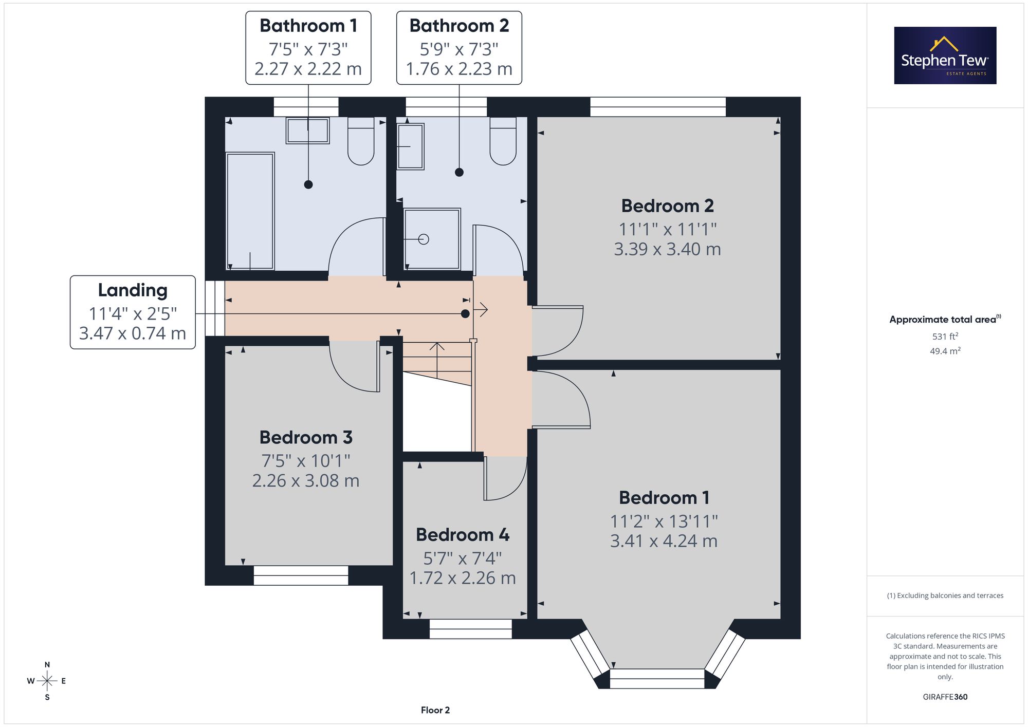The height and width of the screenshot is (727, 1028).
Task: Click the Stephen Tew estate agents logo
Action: tap(945, 55)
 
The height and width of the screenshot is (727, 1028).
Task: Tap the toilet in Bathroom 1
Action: tap(361, 141)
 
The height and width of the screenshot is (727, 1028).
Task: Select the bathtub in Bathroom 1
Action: tap(250, 211)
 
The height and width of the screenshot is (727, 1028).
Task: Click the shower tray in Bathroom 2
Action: tap(432, 238)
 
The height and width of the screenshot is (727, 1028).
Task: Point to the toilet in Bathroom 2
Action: tap(503, 141)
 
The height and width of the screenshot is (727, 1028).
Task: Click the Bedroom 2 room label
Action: tap(667, 206)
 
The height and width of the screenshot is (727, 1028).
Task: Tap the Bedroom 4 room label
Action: tap(463, 535)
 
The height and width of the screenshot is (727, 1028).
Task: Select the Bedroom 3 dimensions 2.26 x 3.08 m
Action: tap(306, 481)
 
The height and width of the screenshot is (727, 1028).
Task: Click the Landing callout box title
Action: tap(133, 290)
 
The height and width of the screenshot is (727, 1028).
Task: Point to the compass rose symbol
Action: tap(47, 681)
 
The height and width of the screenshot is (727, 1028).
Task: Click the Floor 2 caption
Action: tap(435, 710)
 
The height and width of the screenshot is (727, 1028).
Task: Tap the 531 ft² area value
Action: tap(945, 337)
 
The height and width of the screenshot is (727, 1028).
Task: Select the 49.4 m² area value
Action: tap(945, 351)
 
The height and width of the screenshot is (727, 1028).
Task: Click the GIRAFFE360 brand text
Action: tap(945, 697)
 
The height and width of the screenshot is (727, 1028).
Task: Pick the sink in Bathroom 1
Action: tap(307, 131)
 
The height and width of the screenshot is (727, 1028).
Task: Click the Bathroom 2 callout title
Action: tap(459, 26)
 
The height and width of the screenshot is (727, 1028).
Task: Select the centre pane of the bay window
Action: tap(657, 679)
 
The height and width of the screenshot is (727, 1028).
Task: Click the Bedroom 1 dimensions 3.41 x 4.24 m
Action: tap(664, 541)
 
